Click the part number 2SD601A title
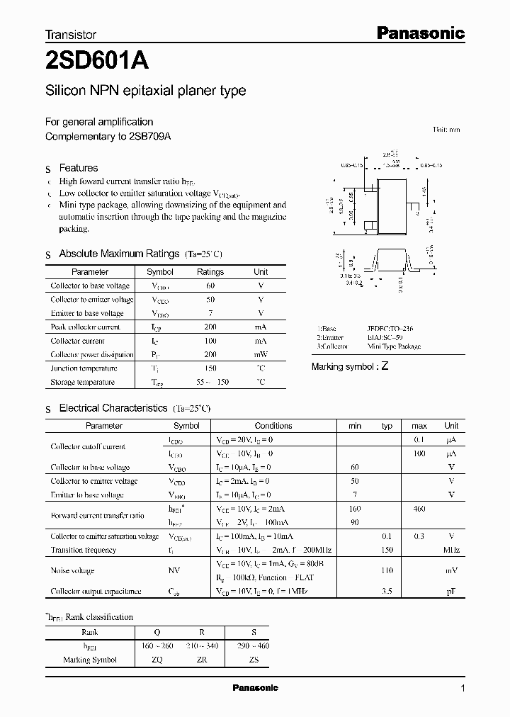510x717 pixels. point(96,62)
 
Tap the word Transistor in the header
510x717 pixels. point(71,33)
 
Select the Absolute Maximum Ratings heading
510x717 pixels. point(119,254)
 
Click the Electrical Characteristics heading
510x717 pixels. point(113,408)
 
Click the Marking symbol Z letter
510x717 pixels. point(385,366)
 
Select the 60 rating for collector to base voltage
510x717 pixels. point(210,286)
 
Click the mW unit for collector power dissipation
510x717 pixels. point(261,354)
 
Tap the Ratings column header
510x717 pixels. point(210,272)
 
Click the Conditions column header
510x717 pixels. point(273,426)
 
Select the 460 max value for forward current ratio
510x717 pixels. point(419,509)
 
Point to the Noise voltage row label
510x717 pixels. point(72,570)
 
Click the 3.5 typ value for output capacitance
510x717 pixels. point(387,591)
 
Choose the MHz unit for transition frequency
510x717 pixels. point(450,550)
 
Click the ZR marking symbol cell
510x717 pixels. point(202,660)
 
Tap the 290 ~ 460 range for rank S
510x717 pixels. point(253,646)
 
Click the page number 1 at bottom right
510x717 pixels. point(463,689)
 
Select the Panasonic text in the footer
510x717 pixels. point(255,688)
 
